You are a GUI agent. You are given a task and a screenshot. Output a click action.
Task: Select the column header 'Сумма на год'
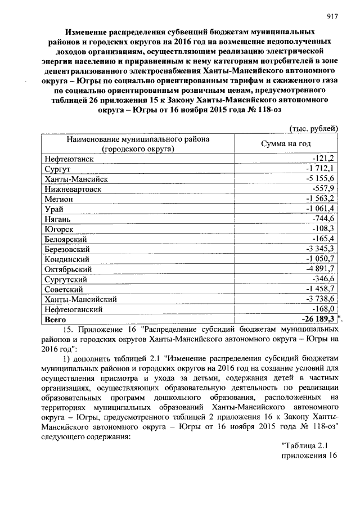click(x=285, y=143)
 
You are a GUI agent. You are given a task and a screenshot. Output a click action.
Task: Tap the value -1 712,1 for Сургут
click(x=320, y=169)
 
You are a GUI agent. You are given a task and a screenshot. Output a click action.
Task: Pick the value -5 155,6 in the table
click(x=320, y=178)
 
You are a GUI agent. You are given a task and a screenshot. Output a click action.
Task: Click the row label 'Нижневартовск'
click(x=73, y=189)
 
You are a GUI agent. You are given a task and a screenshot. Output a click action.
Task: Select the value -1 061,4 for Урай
click(x=320, y=209)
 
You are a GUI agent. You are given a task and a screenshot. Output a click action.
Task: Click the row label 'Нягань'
click(x=58, y=219)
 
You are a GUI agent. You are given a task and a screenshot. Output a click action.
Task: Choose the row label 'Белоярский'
click(x=65, y=239)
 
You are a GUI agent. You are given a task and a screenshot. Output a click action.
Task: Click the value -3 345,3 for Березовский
click(x=320, y=249)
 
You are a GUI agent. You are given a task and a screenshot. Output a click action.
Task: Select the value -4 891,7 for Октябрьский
click(x=320, y=269)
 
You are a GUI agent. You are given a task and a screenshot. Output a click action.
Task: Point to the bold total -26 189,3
click(x=317, y=319)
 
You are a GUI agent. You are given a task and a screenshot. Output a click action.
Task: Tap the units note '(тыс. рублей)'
click(x=313, y=128)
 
